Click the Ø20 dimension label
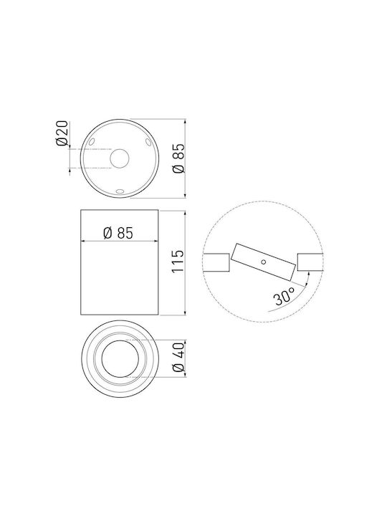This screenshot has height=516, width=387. pyautogui.click(x=62, y=133)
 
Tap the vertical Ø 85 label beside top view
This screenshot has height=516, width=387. pyautogui.click(x=178, y=158)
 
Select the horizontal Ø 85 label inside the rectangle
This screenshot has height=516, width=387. pyautogui.click(x=118, y=233)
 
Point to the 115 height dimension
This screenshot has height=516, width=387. pyautogui.click(x=178, y=261)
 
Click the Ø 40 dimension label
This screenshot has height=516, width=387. pyautogui.click(x=178, y=357)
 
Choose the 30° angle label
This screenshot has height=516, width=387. pyautogui.click(x=285, y=297)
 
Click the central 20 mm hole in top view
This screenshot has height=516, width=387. pyautogui.click(x=120, y=158)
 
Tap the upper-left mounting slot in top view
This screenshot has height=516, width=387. pyautogui.click(x=92, y=142)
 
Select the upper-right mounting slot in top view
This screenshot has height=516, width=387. pyautogui.click(x=148, y=142)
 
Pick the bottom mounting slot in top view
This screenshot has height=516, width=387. pyautogui.click(x=120, y=191)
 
